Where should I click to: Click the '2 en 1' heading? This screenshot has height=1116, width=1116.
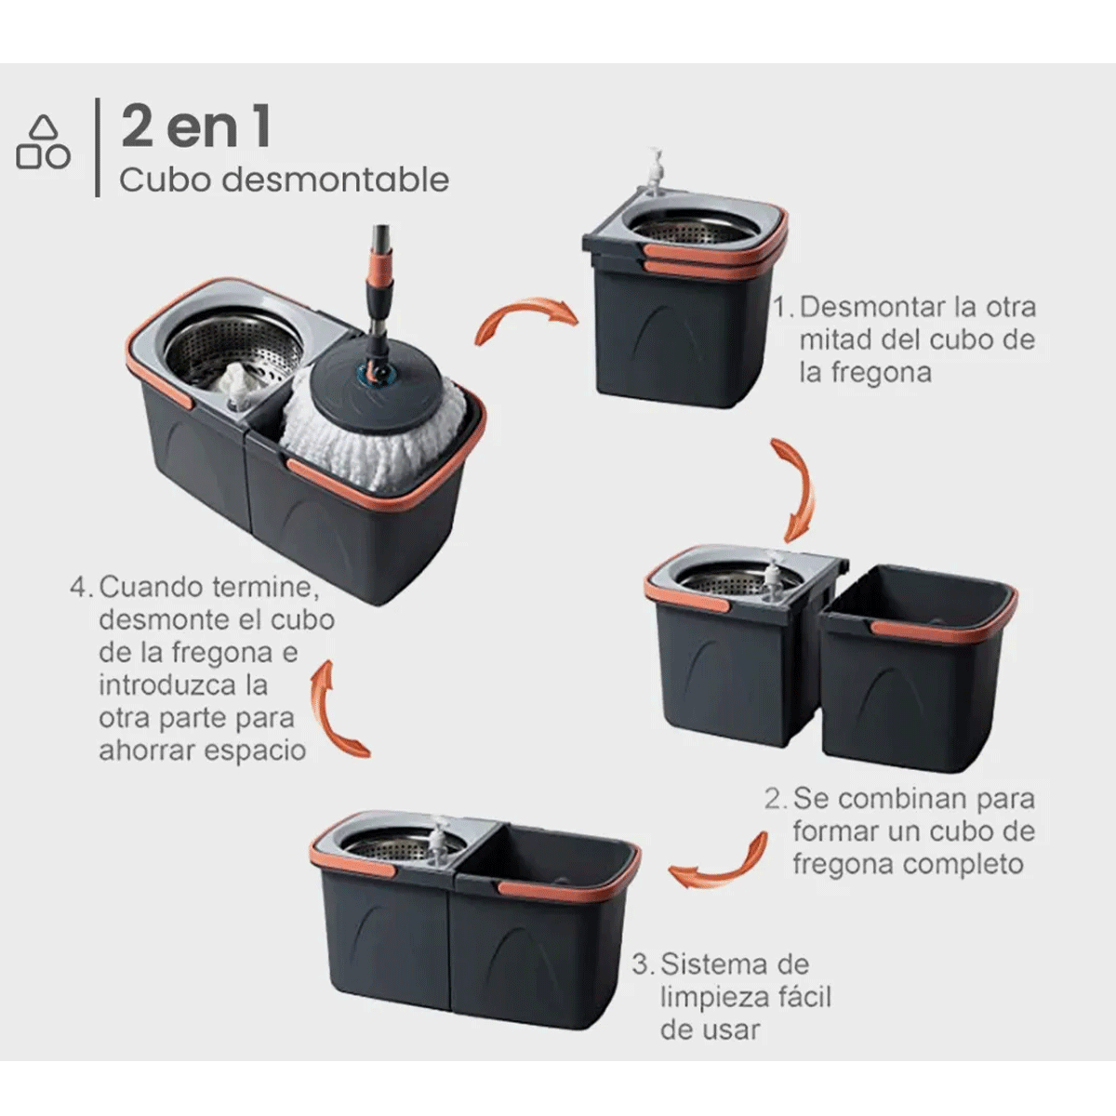pos(196,127)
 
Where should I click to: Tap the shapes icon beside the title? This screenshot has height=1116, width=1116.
pos(43,143)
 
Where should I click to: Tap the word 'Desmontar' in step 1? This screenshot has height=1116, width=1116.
pos(866,307)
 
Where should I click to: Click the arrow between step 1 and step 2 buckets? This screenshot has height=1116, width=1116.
pos(793,488)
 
